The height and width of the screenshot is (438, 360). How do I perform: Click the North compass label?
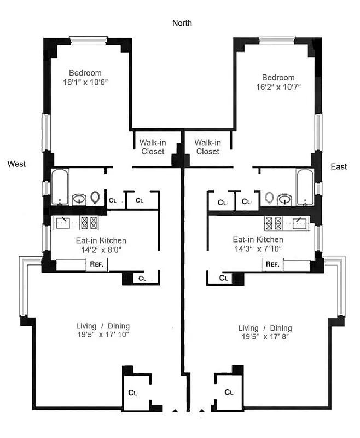pyautogui.click(x=182, y=23)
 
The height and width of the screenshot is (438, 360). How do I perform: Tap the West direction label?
pyautogui.click(x=16, y=164)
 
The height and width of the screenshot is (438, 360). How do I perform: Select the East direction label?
pyautogui.click(x=339, y=166)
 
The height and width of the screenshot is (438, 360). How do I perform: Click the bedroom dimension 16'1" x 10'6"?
pyautogui.click(x=85, y=82)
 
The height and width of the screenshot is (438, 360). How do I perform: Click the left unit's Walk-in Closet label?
pyautogui.click(x=153, y=146)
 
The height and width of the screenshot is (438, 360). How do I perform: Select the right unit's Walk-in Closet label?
pyautogui.click(x=207, y=146)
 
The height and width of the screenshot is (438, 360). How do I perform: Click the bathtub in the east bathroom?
pyautogui.click(x=304, y=187)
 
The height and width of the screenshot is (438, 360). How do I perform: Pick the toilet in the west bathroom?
pyautogui.click(x=96, y=197)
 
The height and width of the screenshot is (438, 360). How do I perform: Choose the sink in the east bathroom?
pyautogui.click(x=284, y=198)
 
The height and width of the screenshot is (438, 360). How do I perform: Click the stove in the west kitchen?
pyautogui.click(x=89, y=222)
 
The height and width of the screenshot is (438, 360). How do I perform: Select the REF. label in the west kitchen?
pyautogui.click(x=97, y=264)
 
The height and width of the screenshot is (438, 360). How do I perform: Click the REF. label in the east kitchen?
pyautogui.click(x=272, y=264)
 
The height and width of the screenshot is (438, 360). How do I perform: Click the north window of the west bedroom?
pyautogui.click(x=88, y=39)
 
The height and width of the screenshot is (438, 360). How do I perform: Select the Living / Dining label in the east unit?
pyautogui.click(x=265, y=328)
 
